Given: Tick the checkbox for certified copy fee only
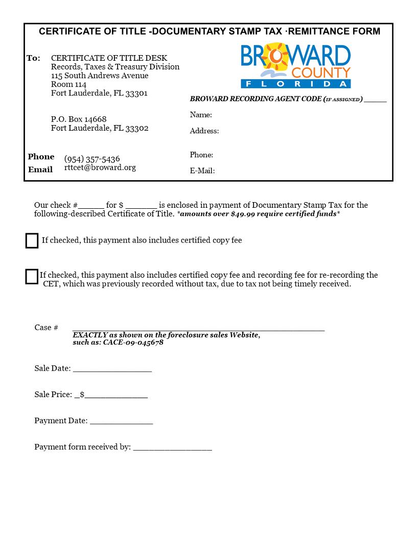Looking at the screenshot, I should tap(32, 240).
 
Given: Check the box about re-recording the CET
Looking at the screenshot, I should tap(32, 276).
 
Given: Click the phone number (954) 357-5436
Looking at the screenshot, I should tap(92, 159).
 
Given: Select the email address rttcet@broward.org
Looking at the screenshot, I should tap(100, 167).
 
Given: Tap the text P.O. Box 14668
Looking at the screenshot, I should tap(79, 119).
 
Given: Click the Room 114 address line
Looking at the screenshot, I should tap(68, 85).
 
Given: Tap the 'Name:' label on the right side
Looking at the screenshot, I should tap(201, 115).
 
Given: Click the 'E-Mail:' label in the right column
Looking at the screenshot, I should tap(202, 171).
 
